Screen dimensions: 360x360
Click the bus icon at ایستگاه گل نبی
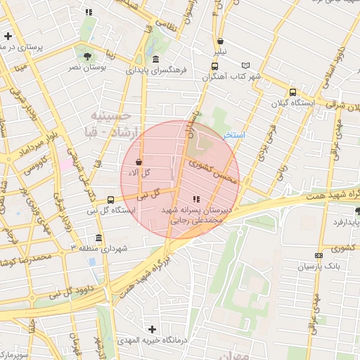pos(110,200)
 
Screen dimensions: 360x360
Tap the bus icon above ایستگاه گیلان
pos(292,92)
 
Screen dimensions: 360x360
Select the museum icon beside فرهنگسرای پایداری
pos(155,59)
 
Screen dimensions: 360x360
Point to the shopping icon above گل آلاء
pos(139,161)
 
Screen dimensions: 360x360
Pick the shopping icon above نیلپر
pos(221,41)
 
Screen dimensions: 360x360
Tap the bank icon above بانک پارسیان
pos(319,255)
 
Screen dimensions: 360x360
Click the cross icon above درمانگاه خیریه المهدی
pos(151,328)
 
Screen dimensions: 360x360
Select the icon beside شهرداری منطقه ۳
pos(98,238)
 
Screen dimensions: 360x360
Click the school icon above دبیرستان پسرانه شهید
pos(195,199)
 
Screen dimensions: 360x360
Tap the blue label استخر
pos(233,134)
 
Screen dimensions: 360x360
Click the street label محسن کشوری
pos(210,169)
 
